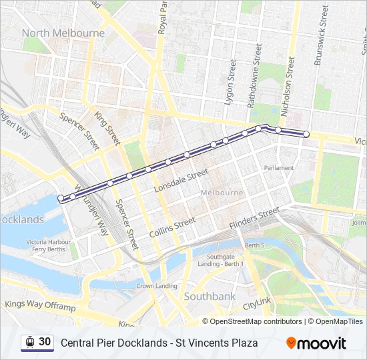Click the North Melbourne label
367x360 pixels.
pyautogui.click(x=63, y=33)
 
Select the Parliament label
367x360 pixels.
pyautogui.click(x=279, y=168)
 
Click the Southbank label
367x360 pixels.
pyautogui.click(x=210, y=295)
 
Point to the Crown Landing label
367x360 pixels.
pyautogui.click(x=157, y=286)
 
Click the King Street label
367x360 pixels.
pyautogui.click(x=107, y=127)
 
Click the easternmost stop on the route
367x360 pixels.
pyautogui.click(x=306, y=134)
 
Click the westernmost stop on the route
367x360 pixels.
pyautogui.click(x=61, y=198)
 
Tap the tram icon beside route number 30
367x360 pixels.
pyautogui.click(x=29, y=342)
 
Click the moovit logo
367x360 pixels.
pyautogui.click(x=316, y=343)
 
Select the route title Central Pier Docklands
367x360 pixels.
pyautogui.click(x=113, y=343)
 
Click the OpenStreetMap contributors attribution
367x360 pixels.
pyautogui.click(x=256, y=321)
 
